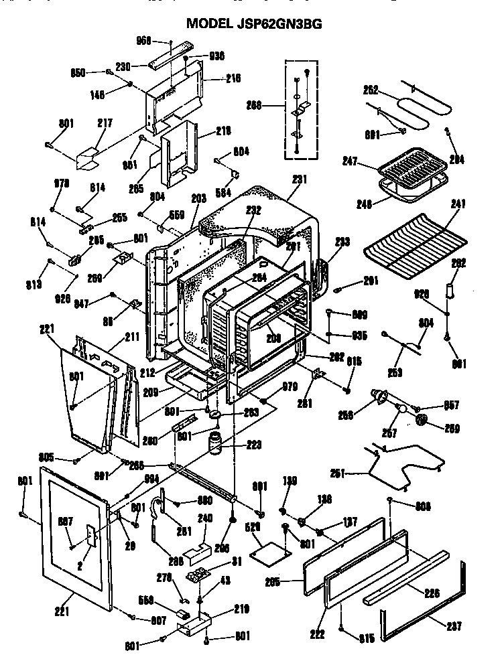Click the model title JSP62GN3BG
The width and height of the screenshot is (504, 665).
[254, 23]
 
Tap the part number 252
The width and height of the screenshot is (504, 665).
[371, 89]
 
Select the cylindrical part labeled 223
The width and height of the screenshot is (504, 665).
[216, 444]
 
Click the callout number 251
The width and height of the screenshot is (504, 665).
[337, 473]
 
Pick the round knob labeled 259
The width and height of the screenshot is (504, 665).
[422, 420]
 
